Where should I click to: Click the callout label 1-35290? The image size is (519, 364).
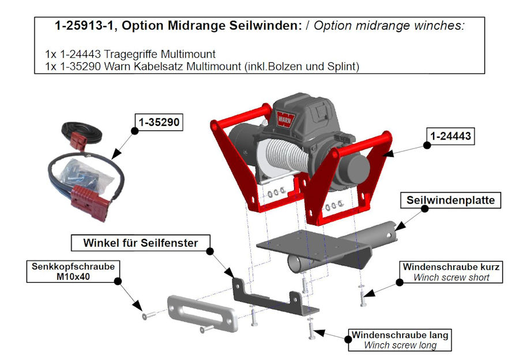tap(159, 122)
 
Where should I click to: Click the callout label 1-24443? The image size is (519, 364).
tap(450, 136)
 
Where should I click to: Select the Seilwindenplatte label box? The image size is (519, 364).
tap(450, 200)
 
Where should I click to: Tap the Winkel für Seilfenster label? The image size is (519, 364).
tap(141, 243)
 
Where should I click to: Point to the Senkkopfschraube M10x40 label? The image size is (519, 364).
tap(73, 272)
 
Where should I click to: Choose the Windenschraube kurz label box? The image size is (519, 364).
tap(451, 272)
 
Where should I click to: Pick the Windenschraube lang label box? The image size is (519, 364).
tap(400, 340)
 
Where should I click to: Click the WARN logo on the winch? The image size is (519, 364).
tap(285, 119)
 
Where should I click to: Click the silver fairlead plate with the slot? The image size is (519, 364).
tap(202, 313)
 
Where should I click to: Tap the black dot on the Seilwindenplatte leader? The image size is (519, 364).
tap(424, 209)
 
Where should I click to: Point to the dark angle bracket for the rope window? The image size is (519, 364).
tap(274, 300)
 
